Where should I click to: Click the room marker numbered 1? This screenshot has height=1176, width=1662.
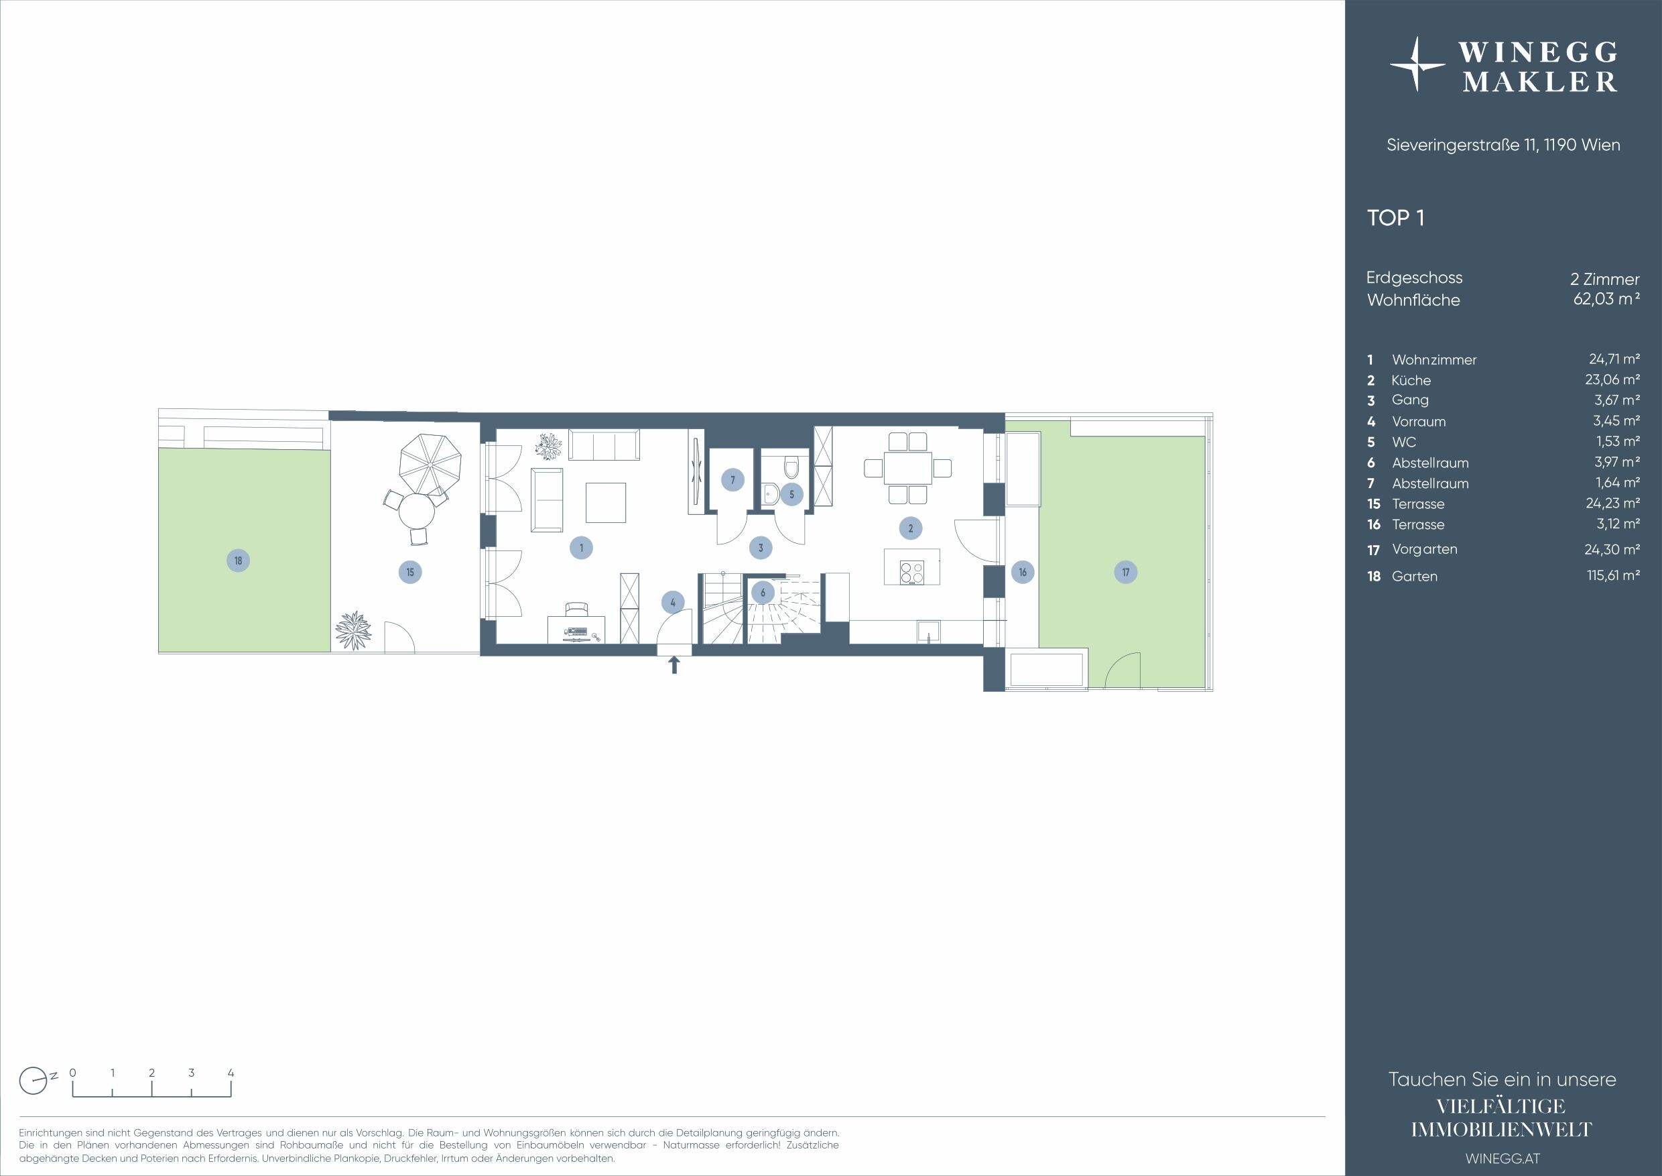coord(581,548)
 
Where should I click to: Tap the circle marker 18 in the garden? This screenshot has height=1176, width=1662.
coord(238,561)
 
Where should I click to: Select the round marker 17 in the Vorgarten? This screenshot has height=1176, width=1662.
coord(1126,572)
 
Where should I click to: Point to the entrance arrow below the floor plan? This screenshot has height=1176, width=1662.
coord(674,664)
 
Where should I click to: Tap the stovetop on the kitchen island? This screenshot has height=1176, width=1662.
coord(911,573)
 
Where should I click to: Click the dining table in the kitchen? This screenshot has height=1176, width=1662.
coord(907,468)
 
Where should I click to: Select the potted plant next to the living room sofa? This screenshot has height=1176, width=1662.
coord(548,445)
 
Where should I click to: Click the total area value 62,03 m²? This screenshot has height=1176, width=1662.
coord(1606,298)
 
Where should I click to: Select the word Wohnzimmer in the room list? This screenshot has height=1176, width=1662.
coord(1434,360)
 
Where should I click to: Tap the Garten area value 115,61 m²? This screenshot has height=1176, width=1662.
coord(1614,576)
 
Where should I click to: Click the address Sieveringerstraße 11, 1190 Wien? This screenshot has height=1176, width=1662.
coord(1503,145)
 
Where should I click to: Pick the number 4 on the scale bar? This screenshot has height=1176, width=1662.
coord(231,1073)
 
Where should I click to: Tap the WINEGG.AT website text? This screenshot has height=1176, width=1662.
coord(1503,1159)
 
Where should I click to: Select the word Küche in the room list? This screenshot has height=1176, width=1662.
coord(1411,380)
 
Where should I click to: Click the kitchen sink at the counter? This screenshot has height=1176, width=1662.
coord(928,632)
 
